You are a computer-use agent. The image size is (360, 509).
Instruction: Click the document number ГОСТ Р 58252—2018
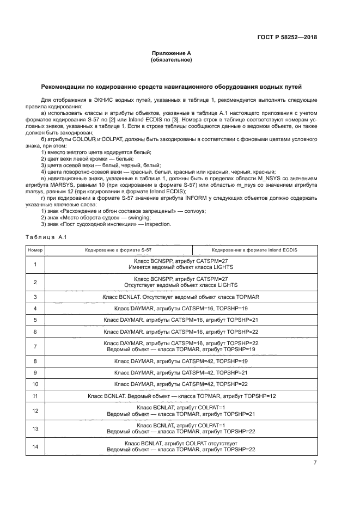click(288, 38)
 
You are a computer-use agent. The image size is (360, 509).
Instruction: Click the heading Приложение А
click(171, 53)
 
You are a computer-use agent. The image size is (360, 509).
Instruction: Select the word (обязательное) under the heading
click(171, 59)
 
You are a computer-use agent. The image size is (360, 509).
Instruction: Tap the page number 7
click(315, 463)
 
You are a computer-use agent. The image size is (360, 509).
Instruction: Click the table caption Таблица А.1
click(45, 237)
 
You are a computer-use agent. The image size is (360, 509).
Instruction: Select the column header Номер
click(35, 250)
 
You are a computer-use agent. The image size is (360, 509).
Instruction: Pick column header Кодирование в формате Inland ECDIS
click(254, 250)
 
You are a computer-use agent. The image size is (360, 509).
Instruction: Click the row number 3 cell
click(35, 297)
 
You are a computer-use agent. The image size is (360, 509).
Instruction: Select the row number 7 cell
click(35, 346)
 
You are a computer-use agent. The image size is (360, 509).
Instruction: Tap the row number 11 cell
click(35, 396)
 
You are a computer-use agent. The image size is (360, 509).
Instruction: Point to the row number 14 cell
click(35, 447)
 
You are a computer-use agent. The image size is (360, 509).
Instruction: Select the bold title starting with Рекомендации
click(171, 87)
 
